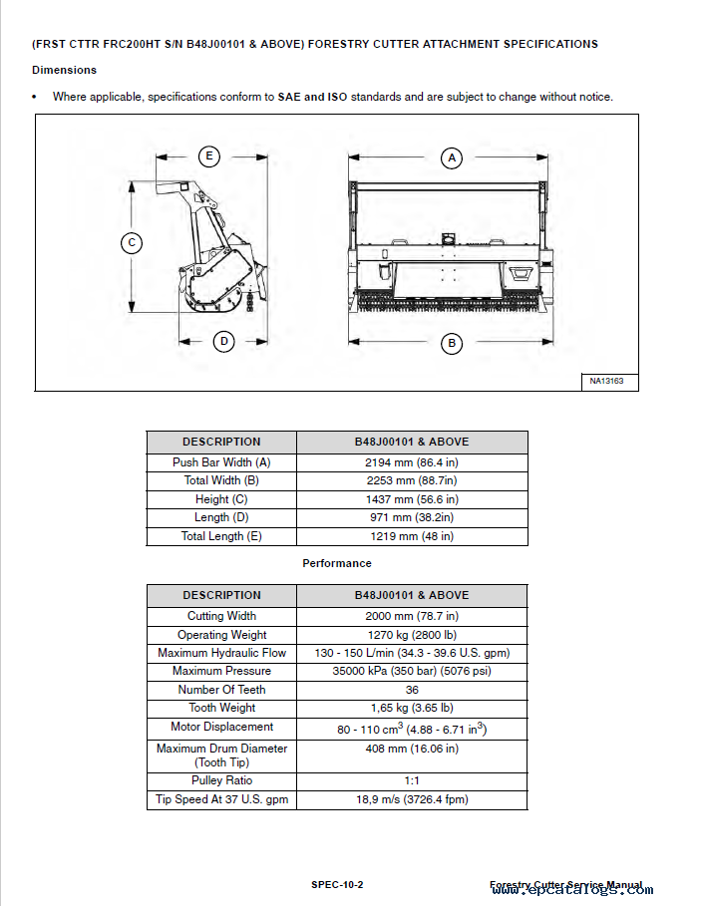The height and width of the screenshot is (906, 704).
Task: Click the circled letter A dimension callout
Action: (452, 157)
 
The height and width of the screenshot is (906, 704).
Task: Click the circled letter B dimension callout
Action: (452, 343)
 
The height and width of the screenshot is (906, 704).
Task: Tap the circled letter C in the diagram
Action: (132, 242)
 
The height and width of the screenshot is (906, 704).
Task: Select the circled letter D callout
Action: (224, 341)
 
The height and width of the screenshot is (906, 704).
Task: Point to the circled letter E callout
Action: (208, 155)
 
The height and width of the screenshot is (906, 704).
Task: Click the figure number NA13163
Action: (606, 381)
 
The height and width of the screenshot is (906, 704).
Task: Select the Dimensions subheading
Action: (64, 70)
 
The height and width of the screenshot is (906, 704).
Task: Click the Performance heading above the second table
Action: (337, 563)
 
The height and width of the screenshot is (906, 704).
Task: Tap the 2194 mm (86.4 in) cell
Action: (412, 462)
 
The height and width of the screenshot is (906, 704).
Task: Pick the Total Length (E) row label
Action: (221, 536)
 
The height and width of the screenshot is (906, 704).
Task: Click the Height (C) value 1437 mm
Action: (412, 499)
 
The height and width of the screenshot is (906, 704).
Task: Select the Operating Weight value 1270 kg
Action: (412, 635)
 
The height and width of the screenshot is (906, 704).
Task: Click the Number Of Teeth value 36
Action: (412, 690)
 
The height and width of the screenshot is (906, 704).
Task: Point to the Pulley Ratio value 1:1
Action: (412, 780)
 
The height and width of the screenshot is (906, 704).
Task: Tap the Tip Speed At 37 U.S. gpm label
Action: (221, 799)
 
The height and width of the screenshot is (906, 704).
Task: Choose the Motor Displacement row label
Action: (221, 727)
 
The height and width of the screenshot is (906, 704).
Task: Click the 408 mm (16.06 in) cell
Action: (412, 749)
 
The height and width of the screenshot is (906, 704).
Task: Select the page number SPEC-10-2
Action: (337, 884)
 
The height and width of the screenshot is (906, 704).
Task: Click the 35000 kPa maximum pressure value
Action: (412, 671)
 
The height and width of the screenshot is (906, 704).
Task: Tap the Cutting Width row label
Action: (221, 616)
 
